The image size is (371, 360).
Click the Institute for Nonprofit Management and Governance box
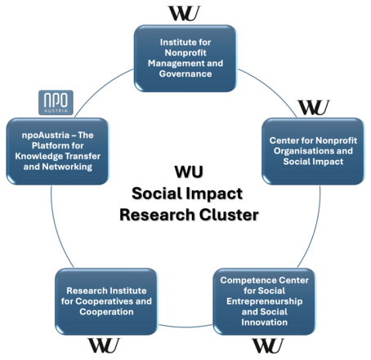coord(185,57)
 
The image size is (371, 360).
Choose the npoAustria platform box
coord(57,150)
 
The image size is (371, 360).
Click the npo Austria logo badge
coord(57,103)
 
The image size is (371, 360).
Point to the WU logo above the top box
coord(185,12)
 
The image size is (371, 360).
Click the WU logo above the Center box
coord(313,107)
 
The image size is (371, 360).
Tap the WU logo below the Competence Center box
coord(267,345)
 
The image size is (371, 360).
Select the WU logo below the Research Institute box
coord(104,345)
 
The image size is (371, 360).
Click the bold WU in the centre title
coord(189,172)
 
